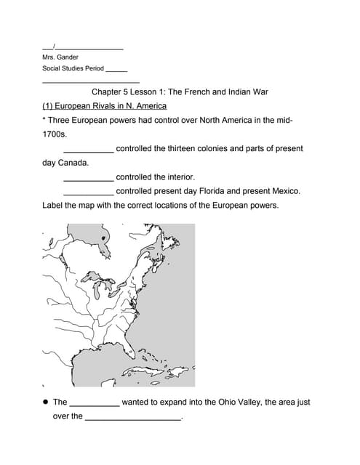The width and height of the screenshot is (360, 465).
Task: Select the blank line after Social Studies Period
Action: pos(116,70)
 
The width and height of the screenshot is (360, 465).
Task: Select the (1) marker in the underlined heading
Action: pos(48,106)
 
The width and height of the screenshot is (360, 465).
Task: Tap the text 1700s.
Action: pos(55,134)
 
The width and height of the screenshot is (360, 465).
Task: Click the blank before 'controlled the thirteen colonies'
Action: pos(88,150)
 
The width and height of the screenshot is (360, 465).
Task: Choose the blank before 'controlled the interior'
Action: pos(88,178)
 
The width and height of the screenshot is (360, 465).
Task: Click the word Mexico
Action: pos(283,191)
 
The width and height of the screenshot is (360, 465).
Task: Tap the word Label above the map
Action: pos(54,206)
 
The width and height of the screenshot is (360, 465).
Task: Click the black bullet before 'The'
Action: pos(45,402)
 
